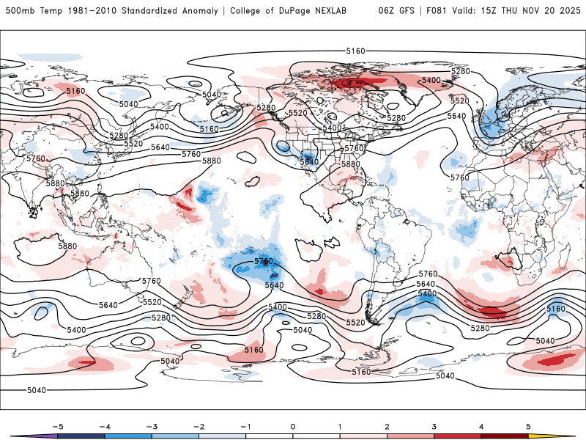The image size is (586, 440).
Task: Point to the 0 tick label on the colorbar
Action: click(x=293, y=426)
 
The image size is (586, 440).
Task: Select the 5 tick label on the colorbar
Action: click(x=528, y=426)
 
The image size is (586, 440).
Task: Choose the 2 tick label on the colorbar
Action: click(x=387, y=426)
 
